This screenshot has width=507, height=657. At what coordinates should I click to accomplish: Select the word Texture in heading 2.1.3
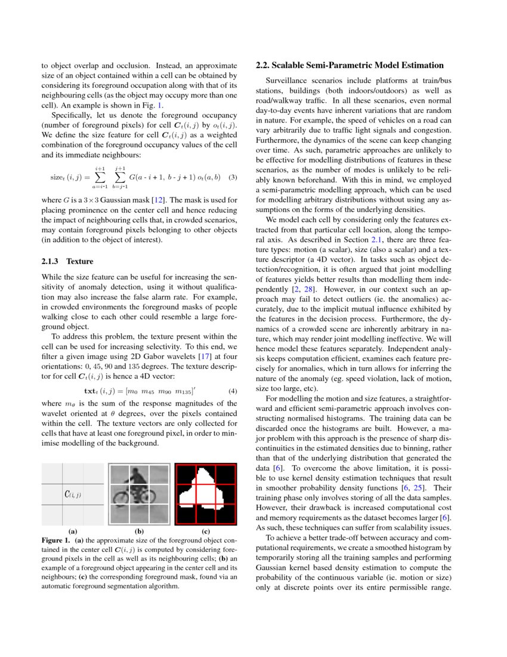pyautogui.click(x=79, y=261)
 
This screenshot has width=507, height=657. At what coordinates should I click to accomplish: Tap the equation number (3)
pyautogui.click(x=234, y=177)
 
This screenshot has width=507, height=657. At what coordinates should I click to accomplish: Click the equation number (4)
pyautogui.click(x=234, y=392)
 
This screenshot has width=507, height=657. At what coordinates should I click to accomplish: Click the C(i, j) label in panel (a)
pyautogui.click(x=72, y=494)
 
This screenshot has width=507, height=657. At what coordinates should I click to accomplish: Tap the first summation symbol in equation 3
pyautogui.click(x=99, y=178)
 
